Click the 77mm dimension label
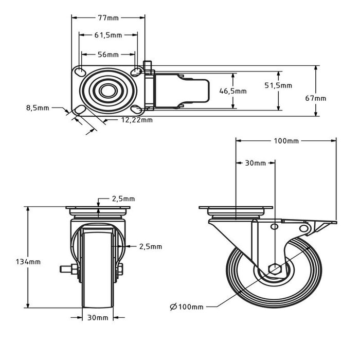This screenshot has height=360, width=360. coord(108,17)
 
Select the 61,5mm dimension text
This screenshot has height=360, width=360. coord(108,35)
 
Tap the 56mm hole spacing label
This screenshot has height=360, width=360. coord(108,55)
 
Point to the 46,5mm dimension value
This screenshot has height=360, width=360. coord(233,91)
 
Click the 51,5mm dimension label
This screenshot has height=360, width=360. coord(278,86)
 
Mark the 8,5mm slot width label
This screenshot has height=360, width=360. coord(38,108)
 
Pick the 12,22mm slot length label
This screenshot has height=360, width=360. coord(137,120)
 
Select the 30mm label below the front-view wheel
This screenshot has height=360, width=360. coord(98,318)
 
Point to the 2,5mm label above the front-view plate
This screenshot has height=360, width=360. coord(123,199)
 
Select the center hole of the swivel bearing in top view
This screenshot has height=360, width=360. coord(108,91)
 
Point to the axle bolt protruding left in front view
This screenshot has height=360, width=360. coord(66,268)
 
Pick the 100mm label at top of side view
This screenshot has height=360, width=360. coord(286,140)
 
